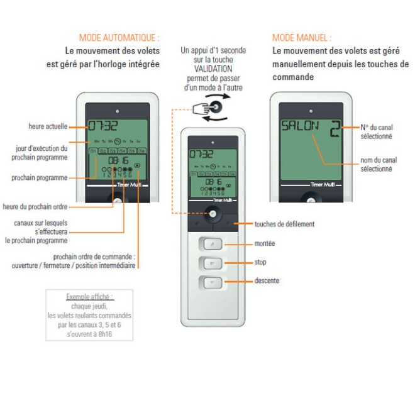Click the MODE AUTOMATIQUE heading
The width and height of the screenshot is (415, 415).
click(x=119, y=38)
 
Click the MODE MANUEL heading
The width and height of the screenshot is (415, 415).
click(x=301, y=38)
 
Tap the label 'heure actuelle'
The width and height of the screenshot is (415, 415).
click(x=48, y=126)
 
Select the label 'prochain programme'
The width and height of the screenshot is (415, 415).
click(x=39, y=178)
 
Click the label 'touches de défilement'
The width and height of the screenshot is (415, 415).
click(x=285, y=224)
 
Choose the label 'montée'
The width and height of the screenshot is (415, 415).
click(x=265, y=243)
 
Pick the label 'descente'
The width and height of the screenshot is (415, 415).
click(x=267, y=280)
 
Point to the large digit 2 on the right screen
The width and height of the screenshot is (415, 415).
click(x=335, y=128)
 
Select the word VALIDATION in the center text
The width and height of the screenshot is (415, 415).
click(x=213, y=69)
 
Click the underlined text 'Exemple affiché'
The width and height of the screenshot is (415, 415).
click(x=90, y=296)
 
